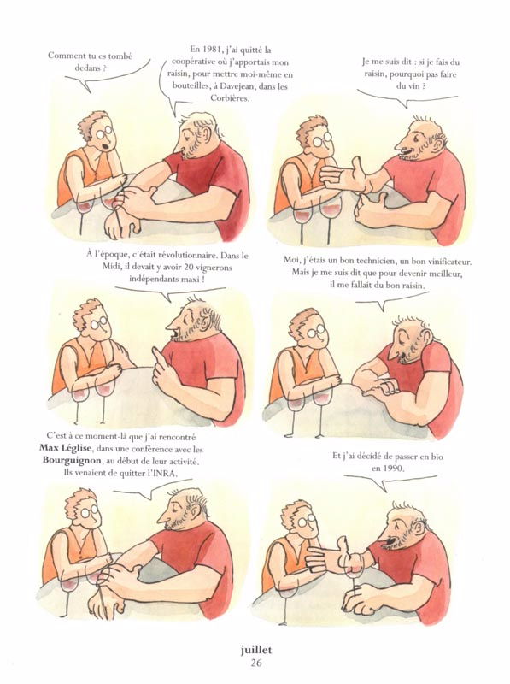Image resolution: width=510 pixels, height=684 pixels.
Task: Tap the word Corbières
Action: [229, 98]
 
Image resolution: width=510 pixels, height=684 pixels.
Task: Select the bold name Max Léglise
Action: [66, 448]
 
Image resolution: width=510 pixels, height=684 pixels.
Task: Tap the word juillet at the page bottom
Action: [255, 650]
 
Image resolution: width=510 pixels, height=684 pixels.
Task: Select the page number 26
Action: [256, 663]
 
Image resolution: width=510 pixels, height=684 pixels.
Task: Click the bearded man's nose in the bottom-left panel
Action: [163, 517]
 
